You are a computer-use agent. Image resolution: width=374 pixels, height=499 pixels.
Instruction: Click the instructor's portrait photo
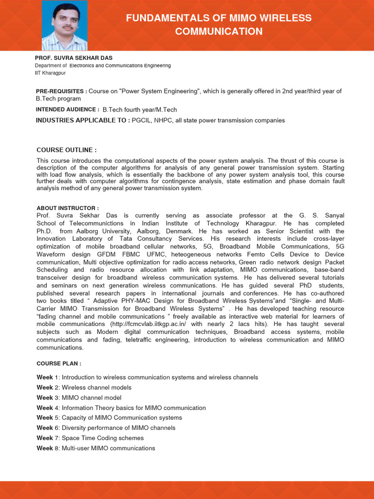tap(65, 25)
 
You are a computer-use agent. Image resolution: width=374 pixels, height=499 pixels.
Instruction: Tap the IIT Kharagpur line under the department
tap(50, 73)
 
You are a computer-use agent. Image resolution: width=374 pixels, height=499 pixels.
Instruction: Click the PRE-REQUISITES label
tap(61, 91)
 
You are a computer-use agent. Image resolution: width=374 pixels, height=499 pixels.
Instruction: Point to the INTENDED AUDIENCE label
tap(67, 110)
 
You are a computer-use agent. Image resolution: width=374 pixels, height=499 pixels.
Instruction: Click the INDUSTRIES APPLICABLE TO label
tap(83, 120)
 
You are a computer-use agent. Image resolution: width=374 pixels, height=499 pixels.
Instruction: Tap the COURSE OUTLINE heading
tap(66, 150)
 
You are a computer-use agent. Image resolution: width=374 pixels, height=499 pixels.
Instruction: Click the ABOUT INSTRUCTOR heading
tap(67, 208)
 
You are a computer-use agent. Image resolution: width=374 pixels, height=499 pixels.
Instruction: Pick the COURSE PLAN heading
tap(58, 364)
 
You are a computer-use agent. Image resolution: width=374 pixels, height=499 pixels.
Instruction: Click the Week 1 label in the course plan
tap(47, 377)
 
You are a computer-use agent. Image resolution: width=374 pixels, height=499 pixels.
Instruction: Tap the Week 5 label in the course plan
tap(47, 418)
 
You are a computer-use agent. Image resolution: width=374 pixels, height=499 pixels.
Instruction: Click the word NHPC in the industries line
tap(168, 120)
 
